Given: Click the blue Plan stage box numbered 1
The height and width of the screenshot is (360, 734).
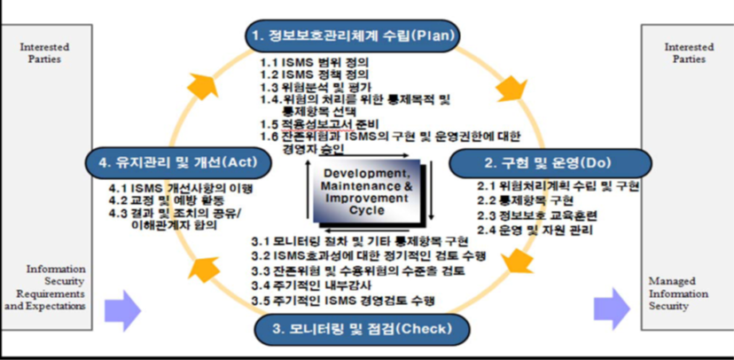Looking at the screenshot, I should point(352,36).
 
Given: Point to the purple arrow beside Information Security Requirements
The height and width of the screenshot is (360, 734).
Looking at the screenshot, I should point(122,309).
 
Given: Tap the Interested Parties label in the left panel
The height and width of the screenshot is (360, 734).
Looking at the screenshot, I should point(44,52).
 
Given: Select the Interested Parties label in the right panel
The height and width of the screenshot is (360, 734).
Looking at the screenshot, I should point(688,52).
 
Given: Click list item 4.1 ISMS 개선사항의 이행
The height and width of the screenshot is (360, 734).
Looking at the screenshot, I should point(182,188).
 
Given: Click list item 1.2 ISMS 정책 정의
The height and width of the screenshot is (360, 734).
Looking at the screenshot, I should point(315,75).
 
